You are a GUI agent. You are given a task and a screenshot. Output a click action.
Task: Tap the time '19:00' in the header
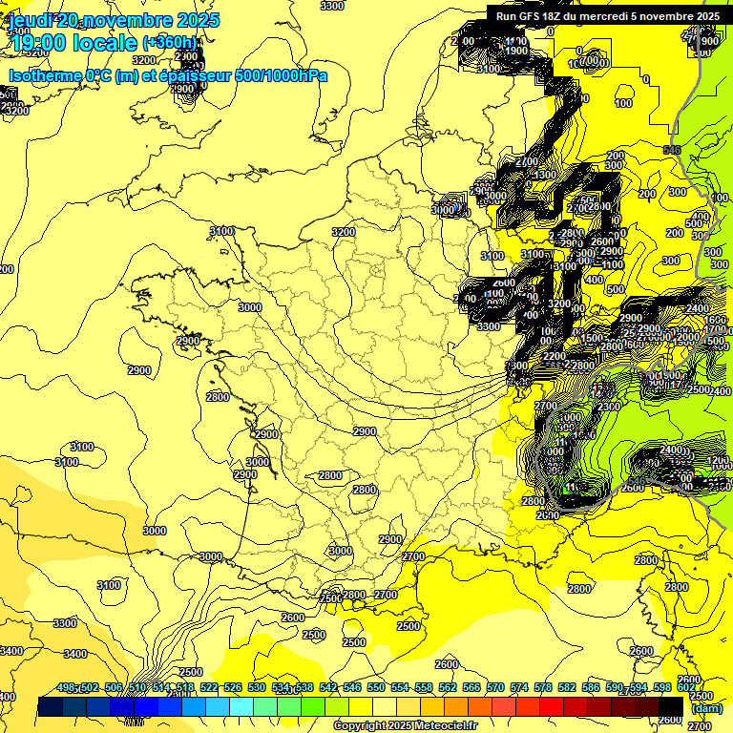point(37,42)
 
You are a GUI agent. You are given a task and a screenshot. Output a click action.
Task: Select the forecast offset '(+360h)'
point(170,42)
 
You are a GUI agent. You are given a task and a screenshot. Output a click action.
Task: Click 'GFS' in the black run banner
point(535,16)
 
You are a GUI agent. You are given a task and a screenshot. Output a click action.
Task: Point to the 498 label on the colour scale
point(66,687)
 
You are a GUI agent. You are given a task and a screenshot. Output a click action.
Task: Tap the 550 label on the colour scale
point(376,687)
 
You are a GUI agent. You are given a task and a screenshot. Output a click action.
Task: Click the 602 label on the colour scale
point(686,687)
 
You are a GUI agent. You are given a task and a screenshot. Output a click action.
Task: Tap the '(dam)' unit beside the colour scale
point(705,708)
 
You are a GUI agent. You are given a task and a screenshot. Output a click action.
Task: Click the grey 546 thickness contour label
point(672,150)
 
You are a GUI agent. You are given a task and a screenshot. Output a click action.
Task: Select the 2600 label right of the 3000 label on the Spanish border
point(293,618)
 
